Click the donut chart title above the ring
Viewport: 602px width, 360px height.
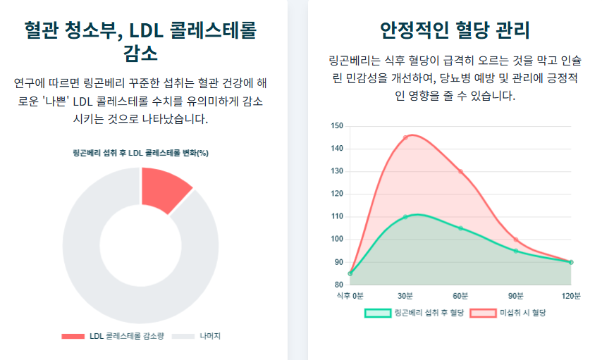tap(140, 153)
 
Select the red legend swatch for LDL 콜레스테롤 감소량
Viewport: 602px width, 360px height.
tap(73, 336)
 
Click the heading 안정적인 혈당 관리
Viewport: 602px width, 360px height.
tap(455, 31)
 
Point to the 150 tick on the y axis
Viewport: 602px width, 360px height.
tap(337, 126)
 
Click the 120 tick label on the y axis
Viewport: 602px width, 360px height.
tap(337, 194)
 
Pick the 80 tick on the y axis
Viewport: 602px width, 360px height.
tap(338, 285)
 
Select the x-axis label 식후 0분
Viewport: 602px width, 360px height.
tap(350, 296)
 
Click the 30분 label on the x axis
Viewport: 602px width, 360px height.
tap(405, 296)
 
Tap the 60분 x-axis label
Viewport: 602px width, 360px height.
tap(460, 296)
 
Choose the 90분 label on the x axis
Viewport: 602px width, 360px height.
tap(516, 296)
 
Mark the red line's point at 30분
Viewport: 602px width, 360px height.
tap(405, 137)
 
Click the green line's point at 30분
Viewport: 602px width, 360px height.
tap(405, 217)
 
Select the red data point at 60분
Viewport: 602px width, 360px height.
tap(460, 171)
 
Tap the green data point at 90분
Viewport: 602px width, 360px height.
tap(516, 251)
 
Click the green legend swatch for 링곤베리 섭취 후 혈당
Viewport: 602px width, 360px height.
tap(377, 313)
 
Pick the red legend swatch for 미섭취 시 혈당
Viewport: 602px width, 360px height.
tap(483, 313)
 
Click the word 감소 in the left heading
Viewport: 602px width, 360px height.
tap(140, 54)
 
